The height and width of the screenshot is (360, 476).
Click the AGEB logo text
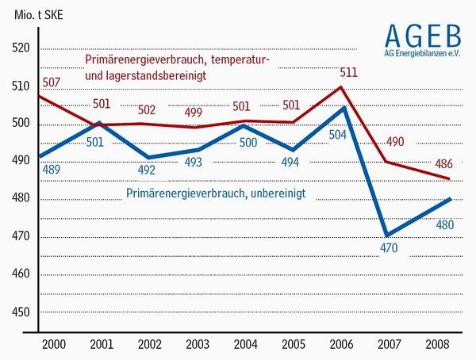coord(422,36)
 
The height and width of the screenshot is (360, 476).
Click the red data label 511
coord(348,73)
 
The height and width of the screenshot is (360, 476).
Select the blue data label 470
coord(388,249)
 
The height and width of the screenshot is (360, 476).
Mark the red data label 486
coord(445,164)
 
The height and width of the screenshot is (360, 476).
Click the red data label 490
coord(396,142)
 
